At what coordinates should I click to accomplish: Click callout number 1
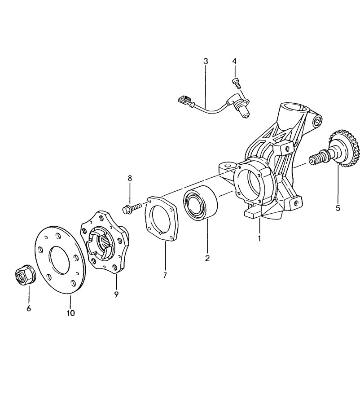(x=259, y=238)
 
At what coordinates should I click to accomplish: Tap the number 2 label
(x=207, y=258)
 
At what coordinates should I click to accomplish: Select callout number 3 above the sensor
(x=206, y=61)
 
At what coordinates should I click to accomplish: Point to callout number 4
(x=234, y=61)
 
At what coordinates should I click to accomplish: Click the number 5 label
(x=338, y=208)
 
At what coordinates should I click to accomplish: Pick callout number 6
(x=29, y=308)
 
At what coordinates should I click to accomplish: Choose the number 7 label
(x=165, y=275)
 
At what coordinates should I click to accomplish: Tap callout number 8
(x=130, y=178)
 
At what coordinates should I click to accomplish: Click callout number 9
(x=116, y=294)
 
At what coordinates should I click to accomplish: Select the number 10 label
(x=70, y=313)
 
